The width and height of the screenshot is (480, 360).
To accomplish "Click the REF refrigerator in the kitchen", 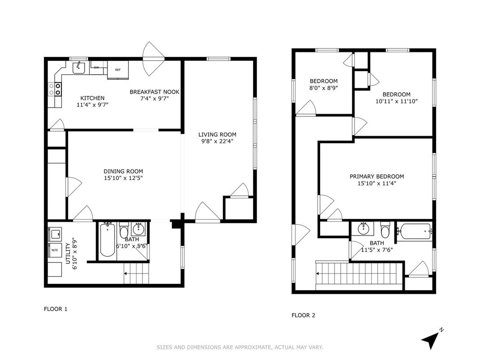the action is (118, 70).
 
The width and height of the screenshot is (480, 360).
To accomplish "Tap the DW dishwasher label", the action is (96, 68).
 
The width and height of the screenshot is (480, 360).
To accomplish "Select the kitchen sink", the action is (79, 68).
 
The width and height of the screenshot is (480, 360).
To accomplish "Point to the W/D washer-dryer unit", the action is (55, 250).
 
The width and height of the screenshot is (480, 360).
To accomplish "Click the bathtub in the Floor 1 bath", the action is (107, 240).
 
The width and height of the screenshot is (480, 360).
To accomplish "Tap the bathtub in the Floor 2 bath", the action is (414, 231).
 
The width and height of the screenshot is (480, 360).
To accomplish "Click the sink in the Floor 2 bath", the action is (364, 228).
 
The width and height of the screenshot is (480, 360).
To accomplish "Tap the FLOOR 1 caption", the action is (56, 309).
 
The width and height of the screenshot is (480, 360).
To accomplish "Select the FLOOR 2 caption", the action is (304, 315).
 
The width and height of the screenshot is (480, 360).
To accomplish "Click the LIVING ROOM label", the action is (217, 134).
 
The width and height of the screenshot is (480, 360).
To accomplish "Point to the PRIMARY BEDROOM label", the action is (377, 176).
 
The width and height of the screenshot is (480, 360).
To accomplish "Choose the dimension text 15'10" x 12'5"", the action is (124, 178).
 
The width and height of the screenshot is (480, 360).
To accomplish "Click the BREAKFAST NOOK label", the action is (154, 92).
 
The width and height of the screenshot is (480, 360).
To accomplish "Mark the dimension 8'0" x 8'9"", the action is (324, 88).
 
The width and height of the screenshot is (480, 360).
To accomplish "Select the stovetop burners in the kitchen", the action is (55, 89).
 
